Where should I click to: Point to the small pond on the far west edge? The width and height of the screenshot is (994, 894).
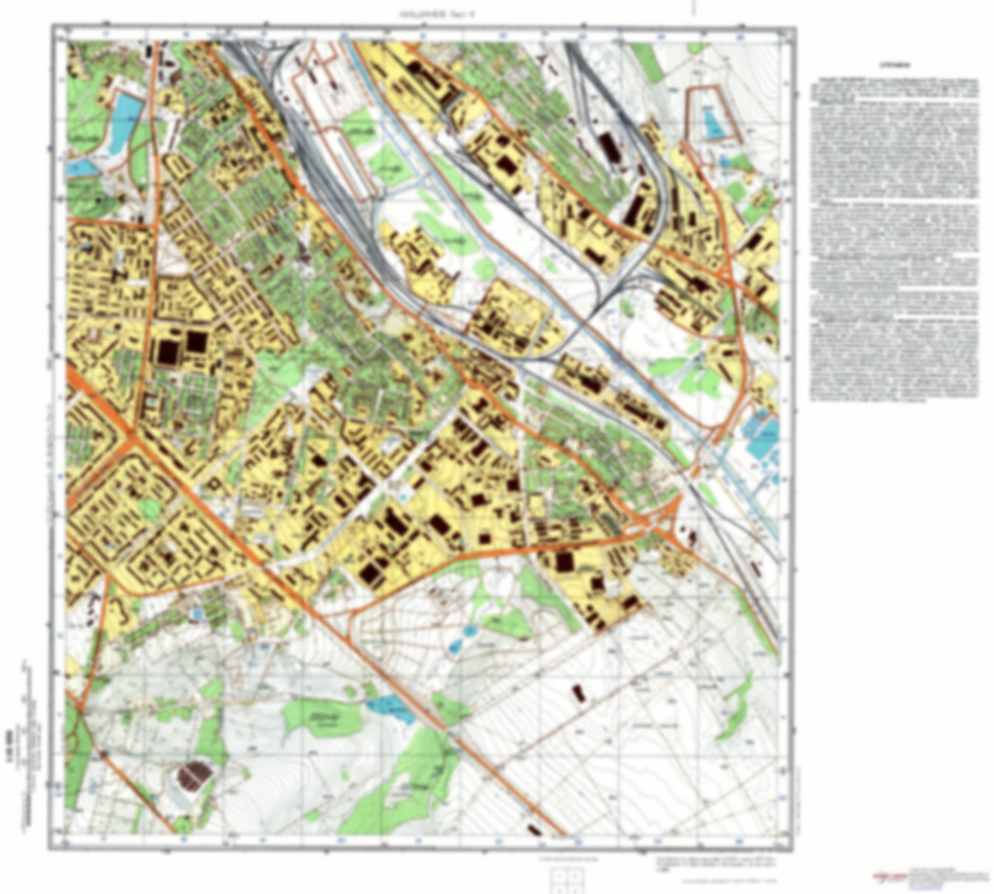pyautogui.click(x=80, y=166)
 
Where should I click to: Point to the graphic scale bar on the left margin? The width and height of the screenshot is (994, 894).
pyautogui.click(x=28, y=695)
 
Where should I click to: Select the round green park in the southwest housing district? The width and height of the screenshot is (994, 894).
pyautogui.click(x=148, y=510)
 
